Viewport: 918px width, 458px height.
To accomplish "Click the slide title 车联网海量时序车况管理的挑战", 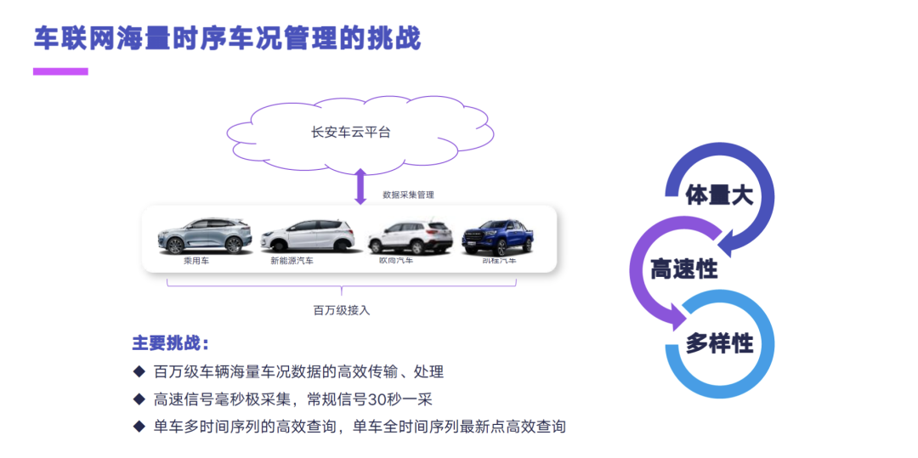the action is click(227, 38).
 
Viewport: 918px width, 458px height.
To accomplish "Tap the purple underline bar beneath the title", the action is click(60, 71).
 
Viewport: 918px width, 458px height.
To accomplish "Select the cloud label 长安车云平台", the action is click(351, 133).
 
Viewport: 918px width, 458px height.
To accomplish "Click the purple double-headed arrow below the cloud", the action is click(360, 186).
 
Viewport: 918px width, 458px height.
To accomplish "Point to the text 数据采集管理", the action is click(408, 195).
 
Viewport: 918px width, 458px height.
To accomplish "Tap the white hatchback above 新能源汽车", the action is click(305, 236).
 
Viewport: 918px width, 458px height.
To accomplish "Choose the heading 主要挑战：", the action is click(170, 343).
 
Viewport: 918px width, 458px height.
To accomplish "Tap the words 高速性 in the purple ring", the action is click(684, 269).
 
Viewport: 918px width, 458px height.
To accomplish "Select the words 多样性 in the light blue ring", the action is click(719, 343).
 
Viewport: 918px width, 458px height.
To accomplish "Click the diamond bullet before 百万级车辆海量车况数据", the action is click(139, 371).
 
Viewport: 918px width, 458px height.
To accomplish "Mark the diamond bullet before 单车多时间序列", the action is click(139, 426).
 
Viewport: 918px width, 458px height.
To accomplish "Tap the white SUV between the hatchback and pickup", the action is click(410, 237).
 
